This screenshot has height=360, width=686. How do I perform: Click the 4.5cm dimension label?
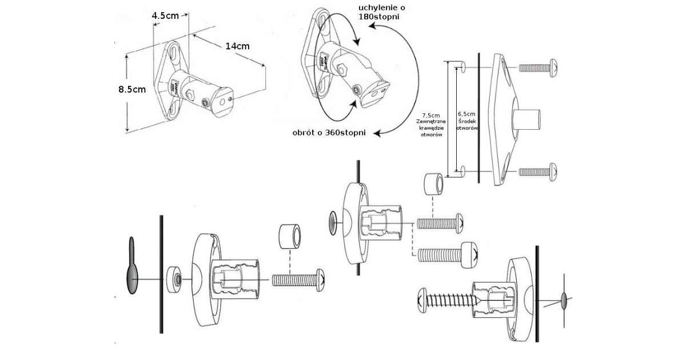[164, 16]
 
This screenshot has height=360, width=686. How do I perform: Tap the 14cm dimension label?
[237, 46]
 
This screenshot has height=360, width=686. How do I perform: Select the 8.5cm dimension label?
[132, 89]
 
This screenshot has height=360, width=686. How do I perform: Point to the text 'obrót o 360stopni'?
[328, 133]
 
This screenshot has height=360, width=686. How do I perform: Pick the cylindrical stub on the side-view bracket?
[526, 119]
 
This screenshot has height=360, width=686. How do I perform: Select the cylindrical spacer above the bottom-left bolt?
[290, 236]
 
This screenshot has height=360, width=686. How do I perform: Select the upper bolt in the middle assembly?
[440, 222]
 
